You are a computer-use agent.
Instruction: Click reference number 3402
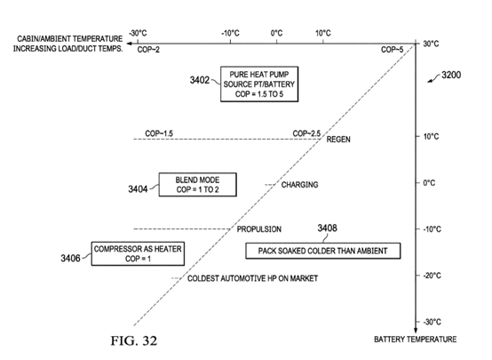pos(200,80)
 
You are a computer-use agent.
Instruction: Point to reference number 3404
pos(138,189)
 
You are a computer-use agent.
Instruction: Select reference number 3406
pos(70,258)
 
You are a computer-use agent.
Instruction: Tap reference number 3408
pos(328,228)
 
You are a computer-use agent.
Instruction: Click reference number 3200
pos(451,75)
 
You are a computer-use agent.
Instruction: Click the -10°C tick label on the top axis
pos(230,33)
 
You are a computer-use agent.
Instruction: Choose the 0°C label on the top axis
pos(276,33)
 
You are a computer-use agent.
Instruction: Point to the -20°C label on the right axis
pos(432,276)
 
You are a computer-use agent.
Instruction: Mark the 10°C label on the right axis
pos(431,136)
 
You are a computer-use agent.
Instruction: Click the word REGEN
pos(338,140)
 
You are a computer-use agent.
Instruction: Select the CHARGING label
pos(299,185)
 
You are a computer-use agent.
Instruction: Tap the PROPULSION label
pos(258,229)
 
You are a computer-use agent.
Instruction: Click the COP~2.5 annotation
pos(306,133)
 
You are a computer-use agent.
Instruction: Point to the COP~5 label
pos(393,50)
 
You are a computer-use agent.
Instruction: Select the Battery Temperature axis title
pos(415,340)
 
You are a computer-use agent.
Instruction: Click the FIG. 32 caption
pos(134,340)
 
